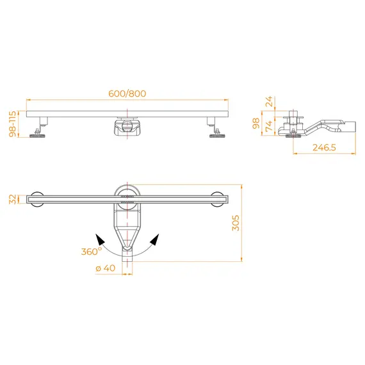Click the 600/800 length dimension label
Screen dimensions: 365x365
pyautogui.click(x=127, y=93)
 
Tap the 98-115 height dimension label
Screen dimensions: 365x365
pyautogui.click(x=13, y=124)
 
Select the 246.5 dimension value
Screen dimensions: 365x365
pyautogui.click(x=324, y=147)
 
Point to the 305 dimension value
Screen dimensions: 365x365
pyautogui.click(x=236, y=223)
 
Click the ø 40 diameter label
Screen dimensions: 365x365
pyautogui.click(x=106, y=268)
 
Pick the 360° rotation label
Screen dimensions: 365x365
pyautogui.click(x=92, y=252)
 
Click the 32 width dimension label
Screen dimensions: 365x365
pyautogui.click(x=13, y=199)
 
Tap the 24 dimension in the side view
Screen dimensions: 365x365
pyautogui.click(x=269, y=101)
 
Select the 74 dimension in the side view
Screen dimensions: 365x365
pyautogui.click(x=269, y=126)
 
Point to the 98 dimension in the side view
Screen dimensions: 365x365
pyautogui.click(x=256, y=123)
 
